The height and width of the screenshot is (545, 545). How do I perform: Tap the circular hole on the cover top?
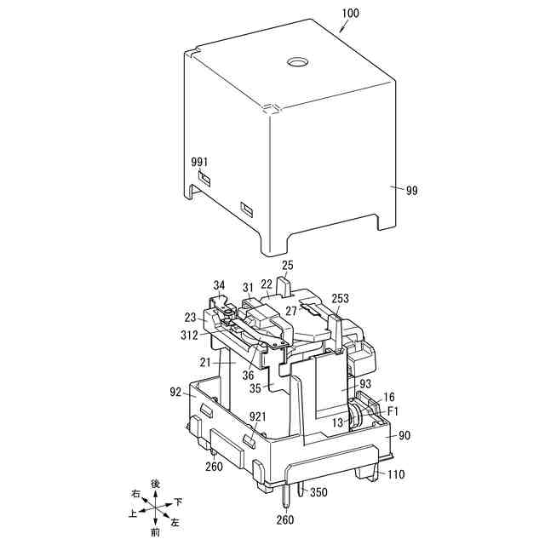pos(298,62)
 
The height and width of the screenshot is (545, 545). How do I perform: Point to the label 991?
pos(199,161)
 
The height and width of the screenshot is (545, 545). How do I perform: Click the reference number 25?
pos(287,266)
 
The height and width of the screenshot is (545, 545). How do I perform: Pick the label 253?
pos(341,298)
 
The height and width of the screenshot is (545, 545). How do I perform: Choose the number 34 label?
pos(220,285)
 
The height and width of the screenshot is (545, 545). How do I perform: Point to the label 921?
pos(258,416)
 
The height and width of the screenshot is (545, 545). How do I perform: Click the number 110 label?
pos(396,474)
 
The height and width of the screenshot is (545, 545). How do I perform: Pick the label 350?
pos(318,492)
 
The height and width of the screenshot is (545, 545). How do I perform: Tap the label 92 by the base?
pos(175,393)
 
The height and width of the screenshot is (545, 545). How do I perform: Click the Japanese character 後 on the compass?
pos(155,483)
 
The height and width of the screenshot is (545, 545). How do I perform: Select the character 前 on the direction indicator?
pos(154,532)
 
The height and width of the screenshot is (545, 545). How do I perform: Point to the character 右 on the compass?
pos(135,493)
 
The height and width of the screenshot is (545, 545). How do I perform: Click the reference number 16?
pos(389,398)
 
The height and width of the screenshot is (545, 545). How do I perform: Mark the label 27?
pos(291,312)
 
